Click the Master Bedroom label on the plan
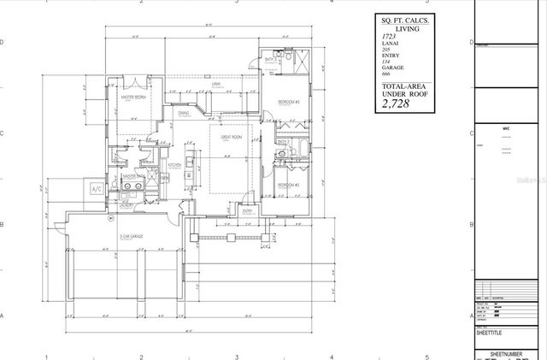pyautogui.click(x=134, y=98)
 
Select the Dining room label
pyautogui.click(x=184, y=112)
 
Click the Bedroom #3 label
pyautogui.click(x=287, y=103)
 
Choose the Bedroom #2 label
pyautogui.click(x=287, y=183)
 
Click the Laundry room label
pyautogui.click(x=126, y=205)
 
